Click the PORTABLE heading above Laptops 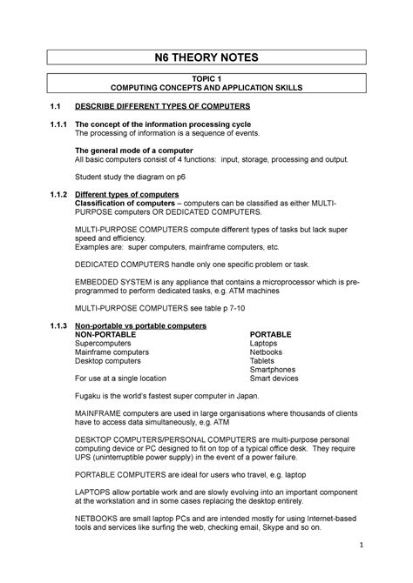(x=271, y=333)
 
